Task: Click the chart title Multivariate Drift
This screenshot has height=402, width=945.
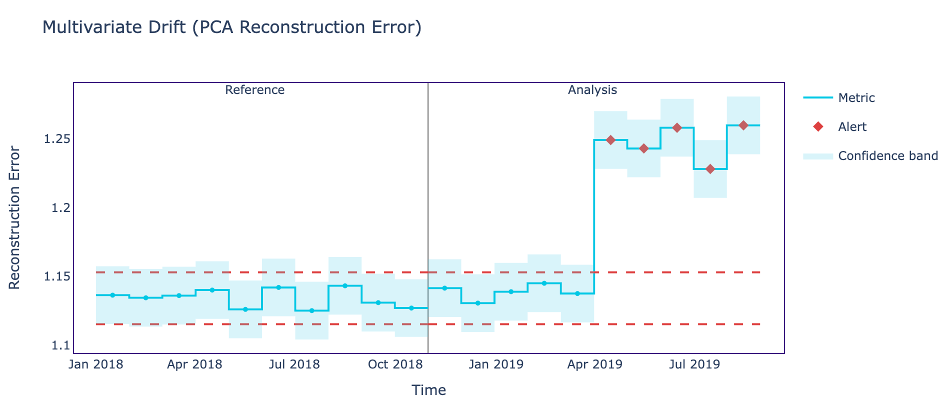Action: [x=232, y=27]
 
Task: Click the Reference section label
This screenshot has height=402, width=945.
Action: [x=254, y=90]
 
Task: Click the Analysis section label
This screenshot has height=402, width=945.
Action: [x=592, y=90]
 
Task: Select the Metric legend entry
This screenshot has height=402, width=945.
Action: [x=856, y=98]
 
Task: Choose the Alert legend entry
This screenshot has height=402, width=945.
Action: [x=852, y=127]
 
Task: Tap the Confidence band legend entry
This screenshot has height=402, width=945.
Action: [x=887, y=156]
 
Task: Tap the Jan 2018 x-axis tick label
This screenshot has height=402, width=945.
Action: [x=96, y=364]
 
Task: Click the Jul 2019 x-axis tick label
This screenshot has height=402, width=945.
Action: [x=694, y=364]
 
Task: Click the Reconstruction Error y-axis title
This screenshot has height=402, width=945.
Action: [x=15, y=217]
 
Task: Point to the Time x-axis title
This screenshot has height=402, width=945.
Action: [x=428, y=390]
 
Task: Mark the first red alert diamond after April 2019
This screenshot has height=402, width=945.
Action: [x=610, y=140]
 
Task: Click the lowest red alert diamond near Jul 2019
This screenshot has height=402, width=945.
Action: [x=710, y=169]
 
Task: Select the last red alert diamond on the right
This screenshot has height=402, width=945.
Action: [x=743, y=125]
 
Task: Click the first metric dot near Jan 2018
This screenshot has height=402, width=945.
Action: [x=112, y=295]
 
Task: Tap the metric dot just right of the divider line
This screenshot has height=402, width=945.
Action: [x=444, y=288]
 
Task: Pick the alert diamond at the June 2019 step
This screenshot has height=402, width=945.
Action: [x=677, y=127]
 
